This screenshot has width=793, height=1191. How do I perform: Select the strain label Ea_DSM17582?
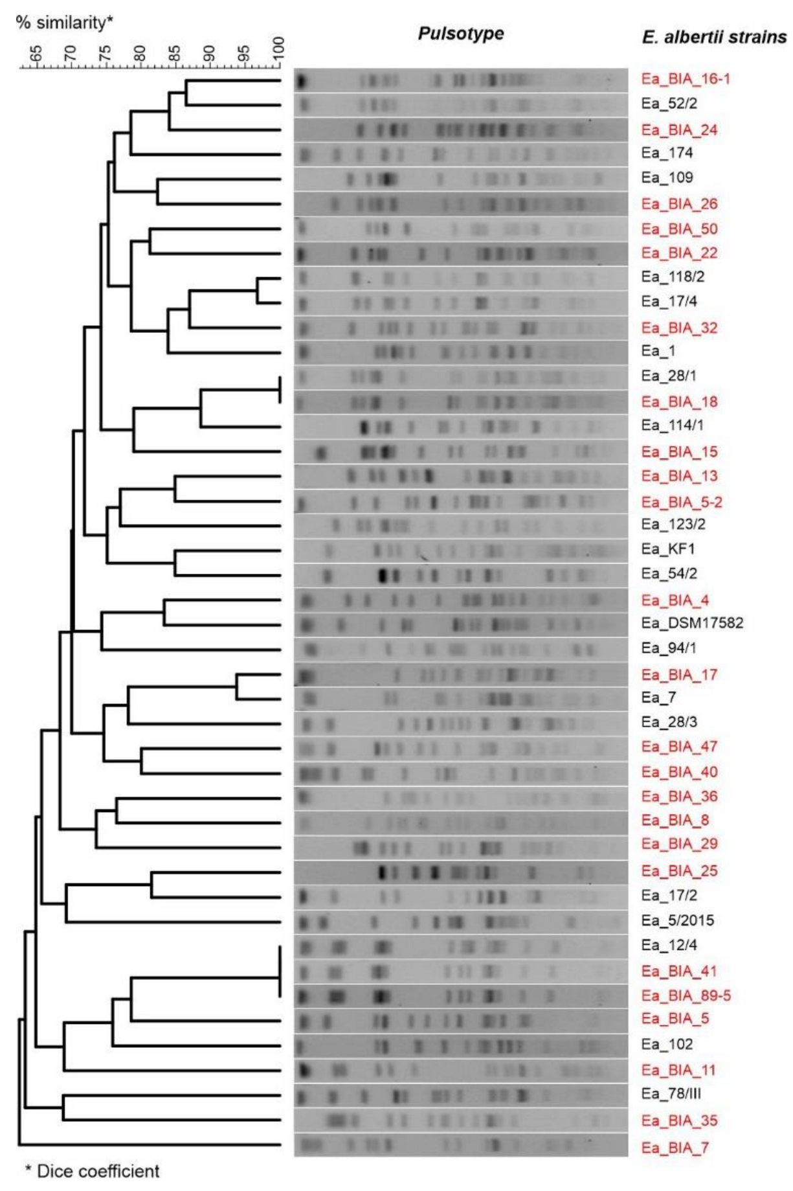pos(692,623)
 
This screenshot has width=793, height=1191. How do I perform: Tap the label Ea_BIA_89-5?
pos(686,995)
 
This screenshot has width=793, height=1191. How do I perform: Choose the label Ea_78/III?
pos(671,1094)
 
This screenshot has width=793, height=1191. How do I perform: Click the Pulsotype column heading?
pos(460,34)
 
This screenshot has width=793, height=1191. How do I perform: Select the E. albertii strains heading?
pos(714,37)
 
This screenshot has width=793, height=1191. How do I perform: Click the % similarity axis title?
pos(65,23)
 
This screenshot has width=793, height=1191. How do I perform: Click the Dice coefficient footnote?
pos(92,1171)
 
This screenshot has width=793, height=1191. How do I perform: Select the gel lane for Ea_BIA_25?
pos(460,872)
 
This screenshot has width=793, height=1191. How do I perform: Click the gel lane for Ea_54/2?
pos(460,574)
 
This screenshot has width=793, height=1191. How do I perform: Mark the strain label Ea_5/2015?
pos(677,920)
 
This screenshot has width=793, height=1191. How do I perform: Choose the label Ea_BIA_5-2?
pos(682,502)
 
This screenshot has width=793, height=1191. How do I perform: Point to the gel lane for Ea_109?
pos(460,179)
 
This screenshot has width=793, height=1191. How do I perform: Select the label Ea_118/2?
pos(673,277)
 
